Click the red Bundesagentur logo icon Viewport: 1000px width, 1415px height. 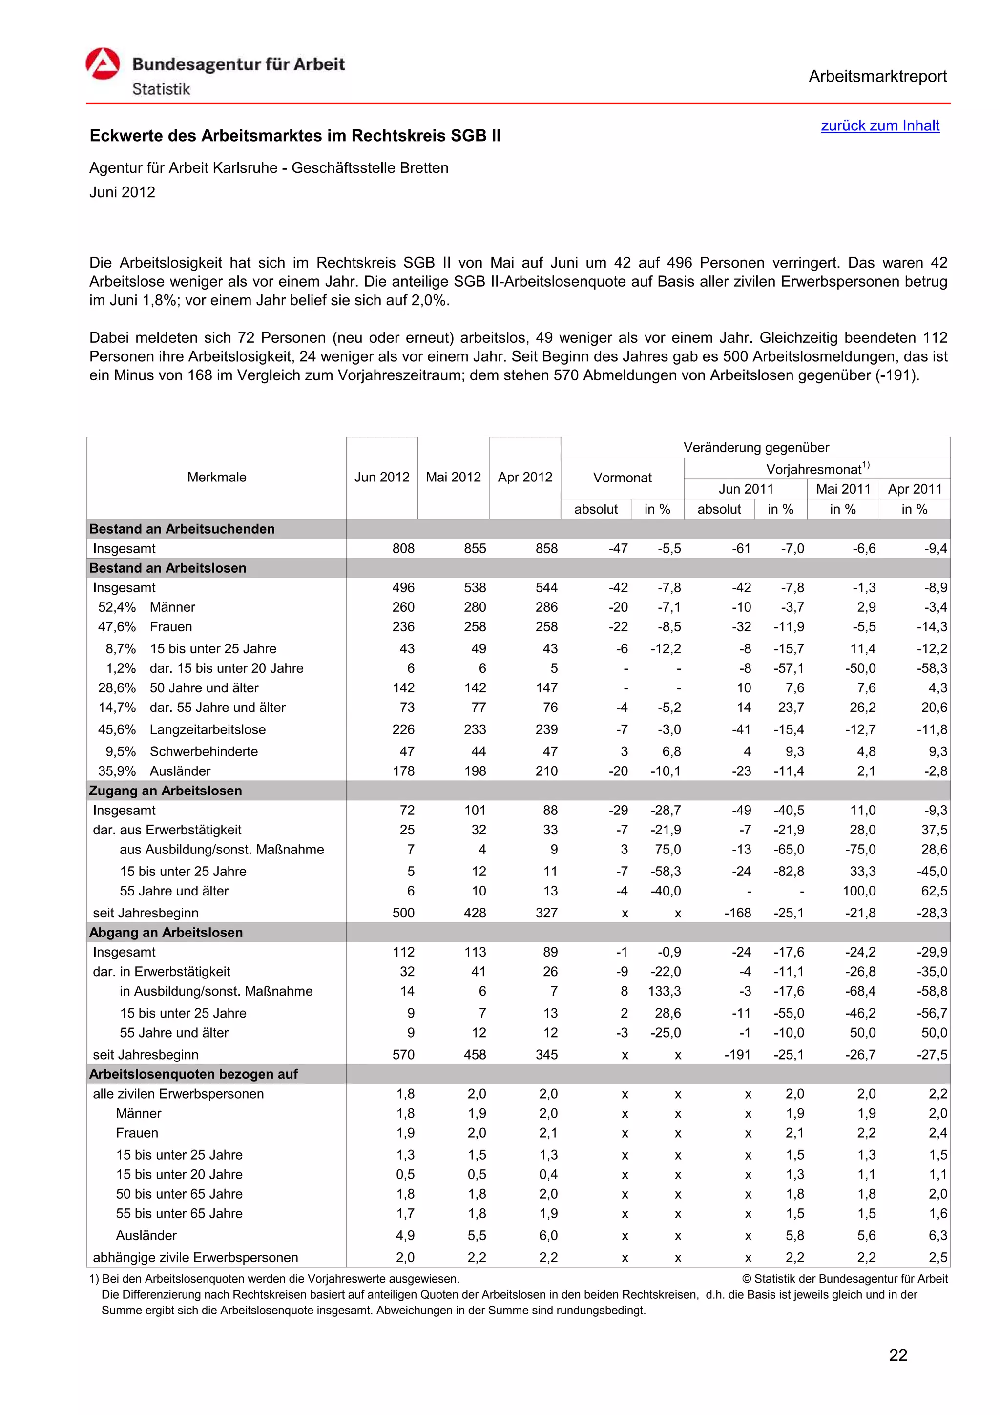point(102,64)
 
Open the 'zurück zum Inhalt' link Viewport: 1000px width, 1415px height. point(879,125)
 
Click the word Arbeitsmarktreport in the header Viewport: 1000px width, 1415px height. point(877,77)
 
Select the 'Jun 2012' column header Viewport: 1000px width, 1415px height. point(381,477)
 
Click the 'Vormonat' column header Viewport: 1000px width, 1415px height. point(622,478)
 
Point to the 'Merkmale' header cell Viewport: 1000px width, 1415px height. point(216,477)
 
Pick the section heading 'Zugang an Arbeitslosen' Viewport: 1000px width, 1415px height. point(165,791)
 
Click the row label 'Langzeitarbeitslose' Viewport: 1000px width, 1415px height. point(208,729)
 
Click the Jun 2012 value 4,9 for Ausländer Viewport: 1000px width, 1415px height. point(405,1236)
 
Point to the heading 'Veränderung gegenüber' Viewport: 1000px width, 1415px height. point(755,447)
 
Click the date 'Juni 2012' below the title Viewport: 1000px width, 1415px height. point(122,192)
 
